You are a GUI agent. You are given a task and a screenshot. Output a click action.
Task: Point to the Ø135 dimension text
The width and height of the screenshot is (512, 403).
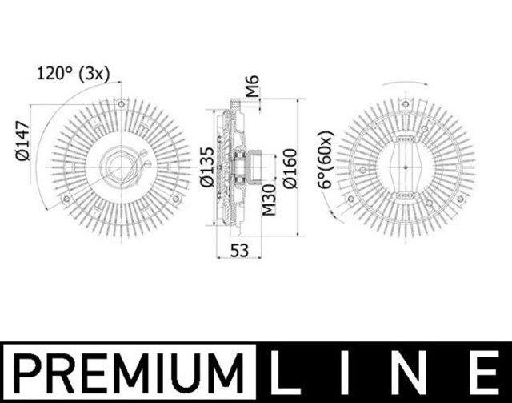tap(206, 167)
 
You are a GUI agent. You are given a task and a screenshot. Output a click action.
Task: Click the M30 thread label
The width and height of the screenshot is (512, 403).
tap(270, 199)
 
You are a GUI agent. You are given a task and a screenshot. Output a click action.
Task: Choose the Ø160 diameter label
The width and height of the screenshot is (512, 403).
tap(290, 167)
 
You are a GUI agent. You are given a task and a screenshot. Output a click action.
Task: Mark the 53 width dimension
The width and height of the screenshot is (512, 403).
tap(238, 251)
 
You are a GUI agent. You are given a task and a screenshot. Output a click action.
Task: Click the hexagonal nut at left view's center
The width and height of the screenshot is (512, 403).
tap(120, 167)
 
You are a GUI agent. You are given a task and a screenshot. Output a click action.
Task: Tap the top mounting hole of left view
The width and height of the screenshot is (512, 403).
tap(121, 104)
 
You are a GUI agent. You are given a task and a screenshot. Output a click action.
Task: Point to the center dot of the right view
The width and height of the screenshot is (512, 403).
tap(406, 167)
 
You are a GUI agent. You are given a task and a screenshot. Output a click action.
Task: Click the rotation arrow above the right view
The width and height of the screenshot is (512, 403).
tap(406, 83)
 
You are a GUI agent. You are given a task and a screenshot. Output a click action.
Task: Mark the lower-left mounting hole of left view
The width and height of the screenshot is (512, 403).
tap(65, 199)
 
